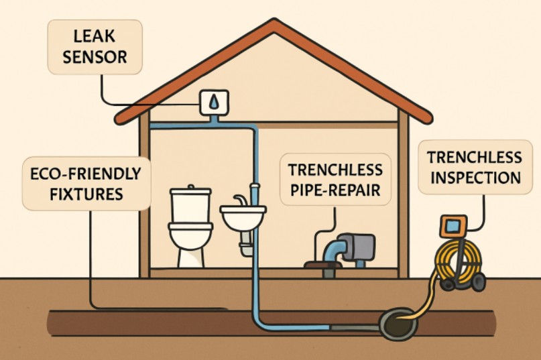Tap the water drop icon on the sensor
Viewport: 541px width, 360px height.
coord(213,102)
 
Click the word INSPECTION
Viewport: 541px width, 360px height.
coord(475,178)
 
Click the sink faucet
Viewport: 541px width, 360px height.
coord(239,200)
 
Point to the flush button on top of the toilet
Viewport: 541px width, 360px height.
coord(192,187)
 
